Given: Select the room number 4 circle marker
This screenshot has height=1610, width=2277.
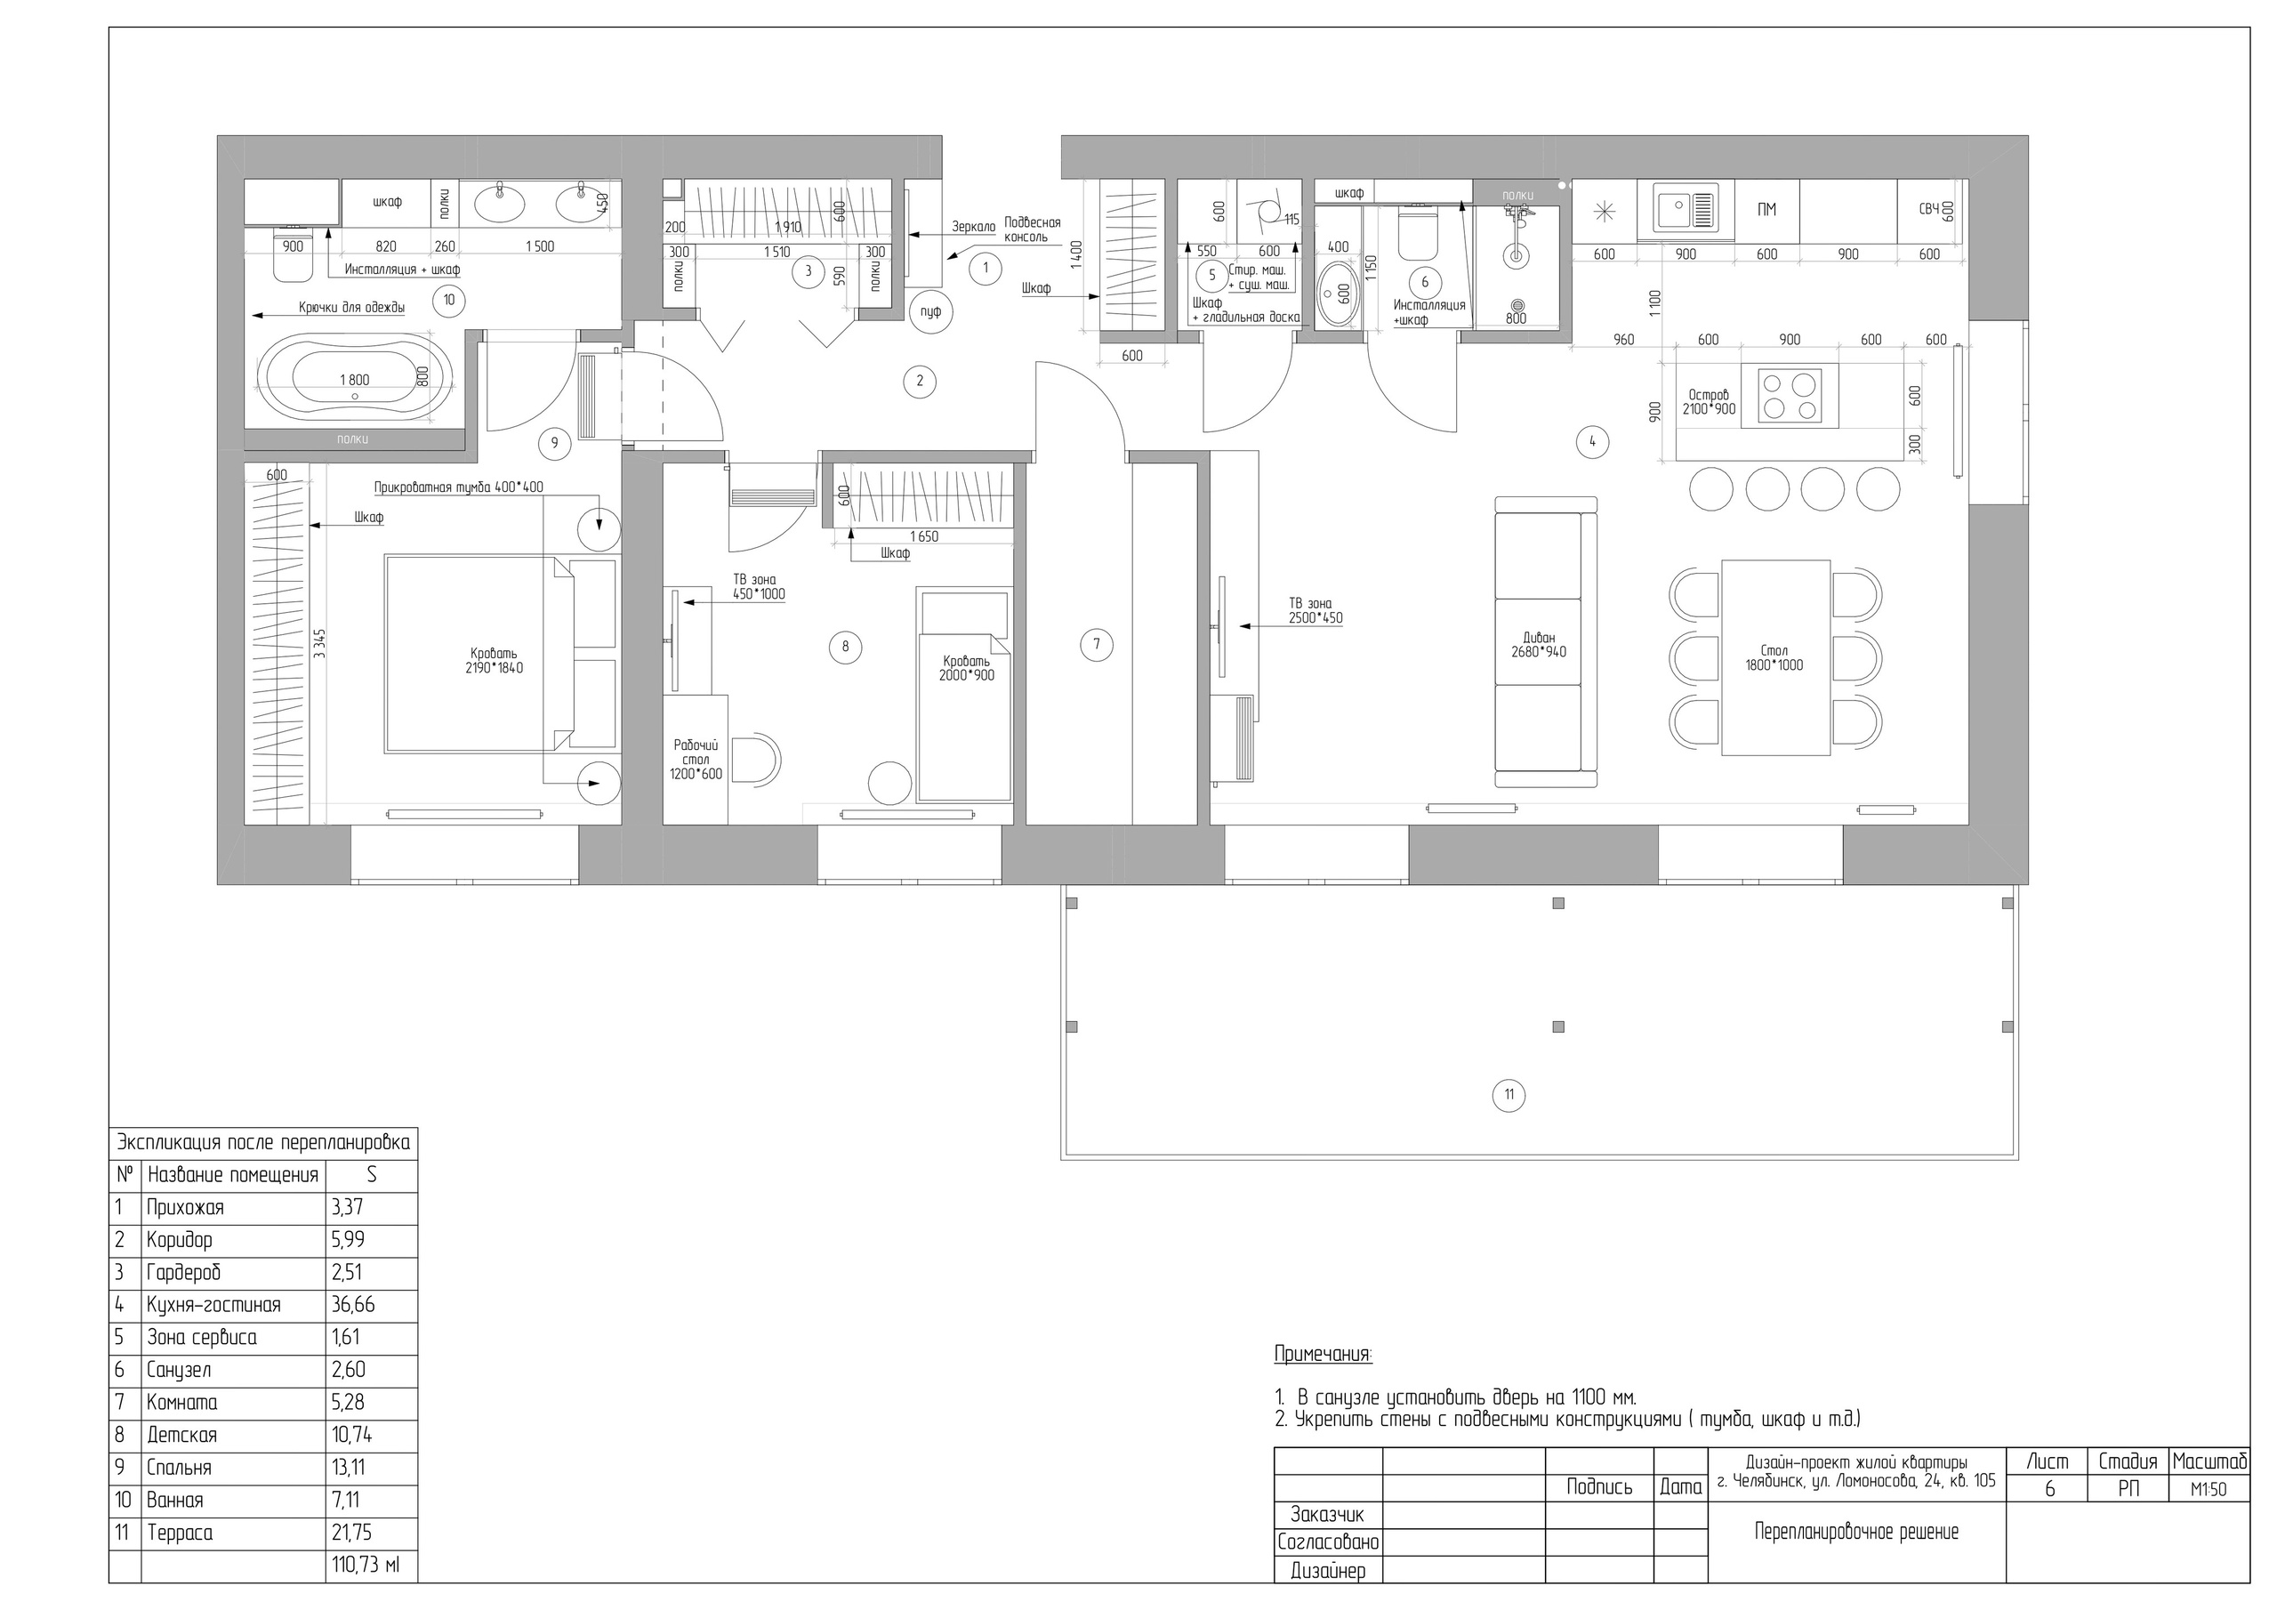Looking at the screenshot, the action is coord(1593,441).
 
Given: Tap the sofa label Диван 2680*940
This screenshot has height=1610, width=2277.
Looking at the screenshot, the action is coord(1538,645).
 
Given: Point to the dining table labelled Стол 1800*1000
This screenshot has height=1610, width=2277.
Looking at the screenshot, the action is coord(1776,657).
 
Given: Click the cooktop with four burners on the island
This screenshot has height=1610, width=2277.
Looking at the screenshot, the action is coord(1798,395).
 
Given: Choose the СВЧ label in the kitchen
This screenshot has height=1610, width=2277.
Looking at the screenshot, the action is coord(1929,208).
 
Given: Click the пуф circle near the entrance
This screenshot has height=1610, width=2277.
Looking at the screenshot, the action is coord(930,312).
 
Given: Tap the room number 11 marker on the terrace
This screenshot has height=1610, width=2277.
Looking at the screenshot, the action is coord(1509,1095).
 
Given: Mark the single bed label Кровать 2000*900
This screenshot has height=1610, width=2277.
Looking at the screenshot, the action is coord(967,668).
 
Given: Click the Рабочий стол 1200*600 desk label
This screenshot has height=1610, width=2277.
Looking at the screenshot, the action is coord(696,759).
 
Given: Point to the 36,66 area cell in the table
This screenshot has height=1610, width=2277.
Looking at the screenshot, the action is coord(353,1305).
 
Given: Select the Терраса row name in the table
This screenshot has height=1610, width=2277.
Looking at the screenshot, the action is coord(180,1533).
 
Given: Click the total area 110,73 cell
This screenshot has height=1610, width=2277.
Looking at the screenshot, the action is coord(365,1566).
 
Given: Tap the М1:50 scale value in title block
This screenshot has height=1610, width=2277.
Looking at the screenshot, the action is coord(2211,1490).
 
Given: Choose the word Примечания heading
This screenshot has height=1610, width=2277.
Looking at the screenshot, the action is coord(1323,1355).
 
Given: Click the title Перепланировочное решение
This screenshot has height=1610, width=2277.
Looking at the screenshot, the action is coord(1856,1532).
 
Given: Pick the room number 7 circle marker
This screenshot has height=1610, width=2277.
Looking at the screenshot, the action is coord(1096,645).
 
